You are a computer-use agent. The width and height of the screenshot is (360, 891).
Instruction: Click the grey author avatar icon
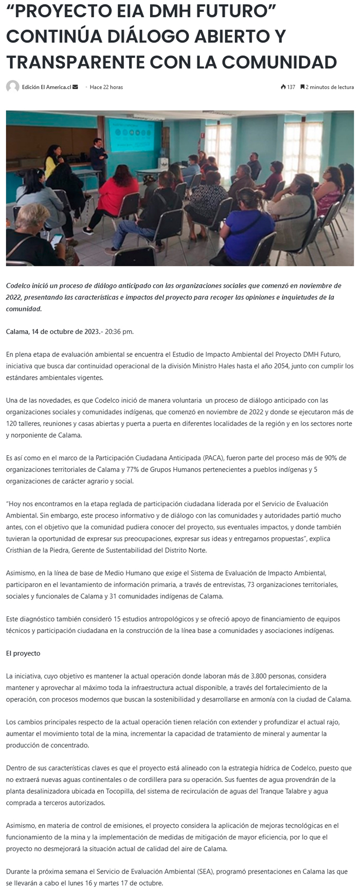12,87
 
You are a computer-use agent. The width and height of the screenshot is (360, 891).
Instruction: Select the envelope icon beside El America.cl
76,87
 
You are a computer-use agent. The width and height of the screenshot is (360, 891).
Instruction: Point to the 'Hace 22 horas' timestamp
106,87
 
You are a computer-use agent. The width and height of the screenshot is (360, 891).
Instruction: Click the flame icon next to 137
283,87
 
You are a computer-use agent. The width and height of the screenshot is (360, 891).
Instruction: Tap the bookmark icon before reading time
302,87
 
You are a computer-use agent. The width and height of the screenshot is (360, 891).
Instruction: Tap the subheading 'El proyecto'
23,653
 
